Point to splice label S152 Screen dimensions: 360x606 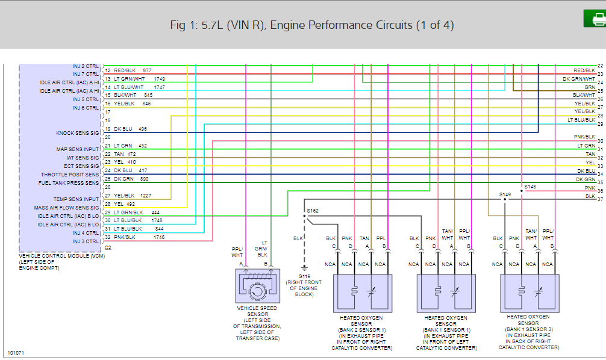click(313, 211)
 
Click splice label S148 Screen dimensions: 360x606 click(529, 187)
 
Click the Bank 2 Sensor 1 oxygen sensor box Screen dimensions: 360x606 click(361, 293)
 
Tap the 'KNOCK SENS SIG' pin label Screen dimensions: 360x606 click(77, 132)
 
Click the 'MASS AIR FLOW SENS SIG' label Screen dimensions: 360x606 click(69, 208)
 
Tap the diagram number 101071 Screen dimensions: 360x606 click(16, 352)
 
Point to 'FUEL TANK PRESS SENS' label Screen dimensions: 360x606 click(69, 183)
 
